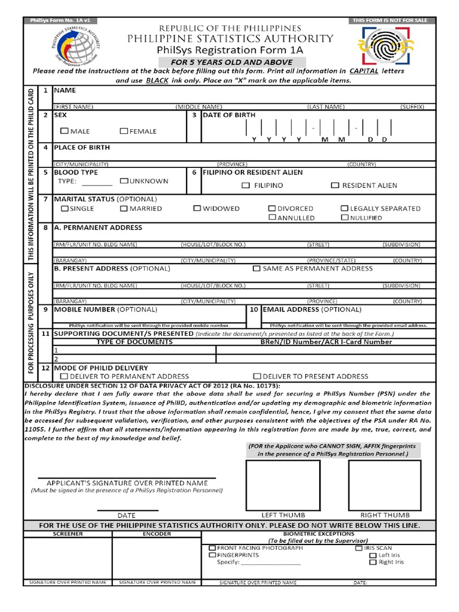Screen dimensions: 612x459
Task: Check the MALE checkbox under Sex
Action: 64,131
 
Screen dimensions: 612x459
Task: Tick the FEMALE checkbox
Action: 124,131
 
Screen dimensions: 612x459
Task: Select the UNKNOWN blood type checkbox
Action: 124,180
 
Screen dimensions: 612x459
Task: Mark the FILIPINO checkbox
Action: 246,185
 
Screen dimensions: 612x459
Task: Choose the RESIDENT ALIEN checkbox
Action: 335,185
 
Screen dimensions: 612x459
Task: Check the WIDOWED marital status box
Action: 197,209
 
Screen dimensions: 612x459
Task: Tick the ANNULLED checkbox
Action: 272,218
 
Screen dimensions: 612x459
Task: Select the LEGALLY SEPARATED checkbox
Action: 344,209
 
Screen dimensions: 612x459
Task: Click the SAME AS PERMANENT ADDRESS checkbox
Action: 256,268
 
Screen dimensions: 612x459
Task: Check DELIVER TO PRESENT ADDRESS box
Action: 256,376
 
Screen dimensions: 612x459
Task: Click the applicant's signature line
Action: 127,478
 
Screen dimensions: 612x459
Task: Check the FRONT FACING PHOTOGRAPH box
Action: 212,547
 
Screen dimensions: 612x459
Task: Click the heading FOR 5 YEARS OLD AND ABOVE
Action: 232,62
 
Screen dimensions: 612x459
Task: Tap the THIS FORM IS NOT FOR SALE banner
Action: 390,20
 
